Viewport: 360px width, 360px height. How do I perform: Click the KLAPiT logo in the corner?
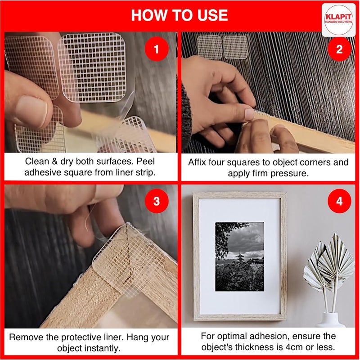[338, 20]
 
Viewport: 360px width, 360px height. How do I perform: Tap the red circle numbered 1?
[157, 49]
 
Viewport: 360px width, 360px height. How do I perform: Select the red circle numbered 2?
[339, 49]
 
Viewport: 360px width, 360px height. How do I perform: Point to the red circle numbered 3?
[157, 201]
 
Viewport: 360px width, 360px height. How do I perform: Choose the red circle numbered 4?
[339, 201]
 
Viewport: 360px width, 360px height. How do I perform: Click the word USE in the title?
[212, 15]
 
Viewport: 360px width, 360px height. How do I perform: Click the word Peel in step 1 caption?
[145, 162]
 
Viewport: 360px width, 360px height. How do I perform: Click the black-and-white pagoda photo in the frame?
[239, 256]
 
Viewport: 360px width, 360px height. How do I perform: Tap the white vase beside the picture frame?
[330, 319]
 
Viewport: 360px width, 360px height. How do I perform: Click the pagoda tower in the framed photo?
[240, 256]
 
